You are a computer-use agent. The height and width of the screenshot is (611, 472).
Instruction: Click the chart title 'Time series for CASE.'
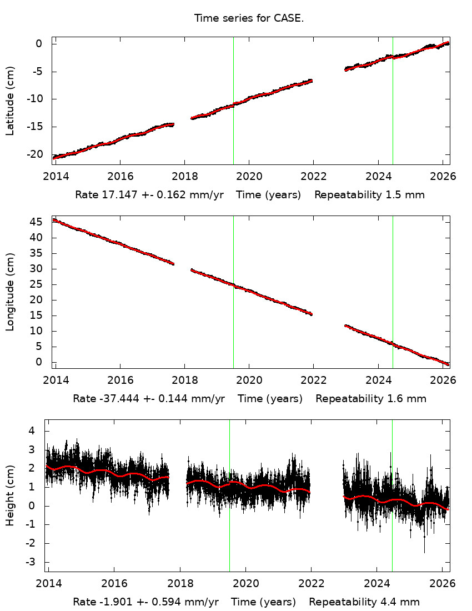tap(249, 18)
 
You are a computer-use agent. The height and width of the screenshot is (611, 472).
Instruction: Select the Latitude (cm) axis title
tap(10, 101)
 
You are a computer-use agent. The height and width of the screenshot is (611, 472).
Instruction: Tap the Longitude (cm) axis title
tap(10, 292)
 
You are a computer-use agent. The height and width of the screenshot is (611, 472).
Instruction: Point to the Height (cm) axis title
tap(10, 495)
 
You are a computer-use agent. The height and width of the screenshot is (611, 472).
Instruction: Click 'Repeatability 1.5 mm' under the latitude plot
tap(370, 195)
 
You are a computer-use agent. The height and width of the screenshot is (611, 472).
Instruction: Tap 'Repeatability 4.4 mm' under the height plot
tap(364, 602)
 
